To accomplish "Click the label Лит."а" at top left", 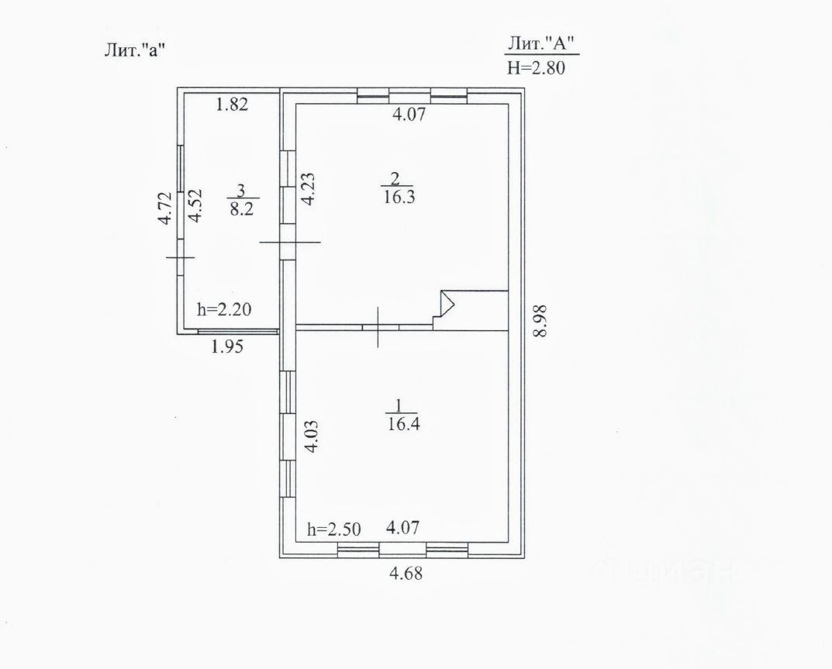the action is tap(136, 50).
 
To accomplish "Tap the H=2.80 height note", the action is tap(537, 67).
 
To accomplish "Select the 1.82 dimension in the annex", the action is tap(232, 105).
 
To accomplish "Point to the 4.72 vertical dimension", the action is tap(164, 209).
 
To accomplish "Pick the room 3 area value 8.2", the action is tap(240, 208).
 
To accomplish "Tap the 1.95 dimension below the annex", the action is tap(228, 347).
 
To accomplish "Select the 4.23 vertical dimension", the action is tap(308, 188).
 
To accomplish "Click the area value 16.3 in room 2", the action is tap(399, 197).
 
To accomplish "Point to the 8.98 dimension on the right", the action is tap(541, 319).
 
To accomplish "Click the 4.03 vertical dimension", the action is tap(309, 436).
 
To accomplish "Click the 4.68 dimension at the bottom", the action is tap(407, 574).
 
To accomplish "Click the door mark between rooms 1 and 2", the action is tap(378, 327).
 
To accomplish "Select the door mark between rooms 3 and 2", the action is tap(289, 242).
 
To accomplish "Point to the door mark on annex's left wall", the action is tap(180, 257).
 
